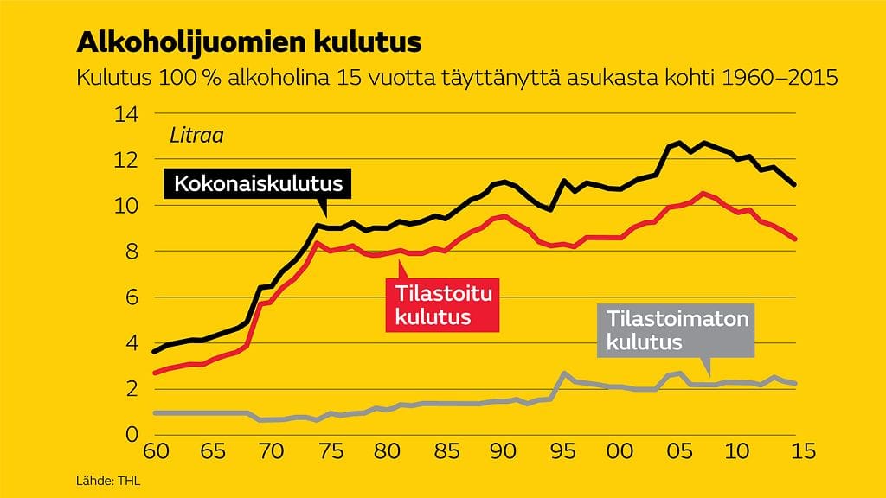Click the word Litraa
click(x=190, y=136)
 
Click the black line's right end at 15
click(x=794, y=184)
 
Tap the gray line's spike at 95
click(x=564, y=373)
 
